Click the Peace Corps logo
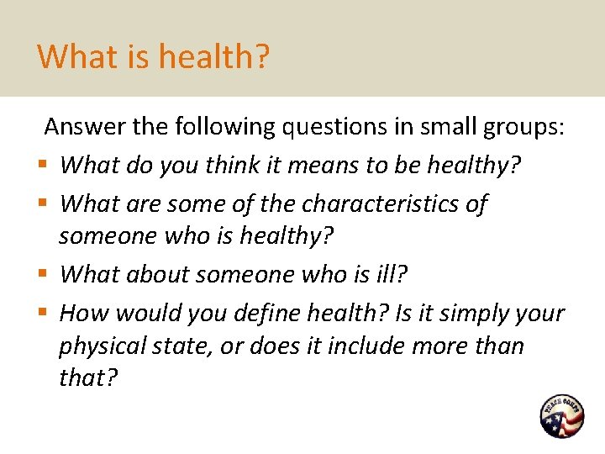point(561,416)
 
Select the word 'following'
point(226,127)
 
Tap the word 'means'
point(324,166)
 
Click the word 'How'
point(84,314)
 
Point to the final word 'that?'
point(88,378)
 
